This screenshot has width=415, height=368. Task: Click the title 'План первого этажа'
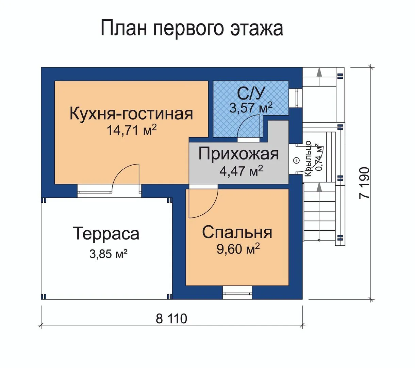(192, 29)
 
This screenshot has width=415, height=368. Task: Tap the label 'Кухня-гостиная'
(131, 114)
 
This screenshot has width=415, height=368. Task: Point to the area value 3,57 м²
(251, 108)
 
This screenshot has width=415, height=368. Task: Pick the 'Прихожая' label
(239, 154)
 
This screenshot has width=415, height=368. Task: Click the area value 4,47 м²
(241, 171)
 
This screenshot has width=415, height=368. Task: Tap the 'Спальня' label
(237, 232)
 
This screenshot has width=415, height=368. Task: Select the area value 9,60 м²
(238, 248)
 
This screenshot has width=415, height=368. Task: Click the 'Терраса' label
(106, 233)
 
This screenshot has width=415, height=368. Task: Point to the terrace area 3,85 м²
(109, 254)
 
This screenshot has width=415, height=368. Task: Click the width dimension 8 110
(171, 318)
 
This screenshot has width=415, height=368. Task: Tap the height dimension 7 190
(364, 183)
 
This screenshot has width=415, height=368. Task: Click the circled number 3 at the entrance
(297, 160)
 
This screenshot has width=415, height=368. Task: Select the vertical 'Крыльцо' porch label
(308, 159)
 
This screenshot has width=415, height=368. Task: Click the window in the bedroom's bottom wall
(237, 293)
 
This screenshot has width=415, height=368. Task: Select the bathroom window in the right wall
(296, 98)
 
